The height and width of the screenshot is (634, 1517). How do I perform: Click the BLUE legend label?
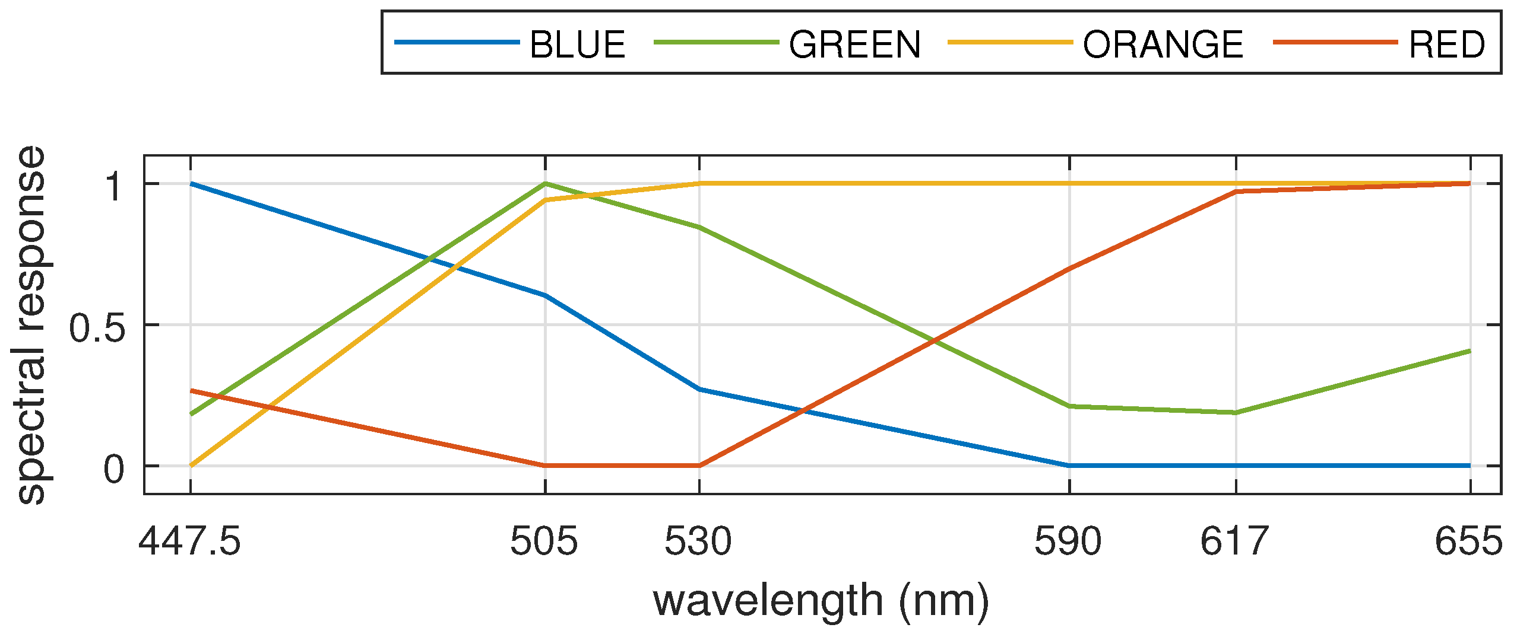577,44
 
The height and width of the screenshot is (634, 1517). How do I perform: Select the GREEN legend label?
854,44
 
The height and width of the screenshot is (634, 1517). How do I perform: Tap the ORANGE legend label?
1163,44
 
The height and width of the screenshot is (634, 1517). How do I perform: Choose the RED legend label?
1446,44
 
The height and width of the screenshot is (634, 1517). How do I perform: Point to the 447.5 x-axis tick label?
189,541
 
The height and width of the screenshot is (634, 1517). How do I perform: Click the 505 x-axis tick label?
544,541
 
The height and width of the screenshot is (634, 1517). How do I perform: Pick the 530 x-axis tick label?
698,541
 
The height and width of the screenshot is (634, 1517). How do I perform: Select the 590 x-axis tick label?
1068,541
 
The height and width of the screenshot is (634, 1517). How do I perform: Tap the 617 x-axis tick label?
1234,541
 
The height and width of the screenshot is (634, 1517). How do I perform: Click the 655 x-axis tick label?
1468,541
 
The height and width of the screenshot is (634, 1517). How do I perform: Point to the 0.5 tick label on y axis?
97,328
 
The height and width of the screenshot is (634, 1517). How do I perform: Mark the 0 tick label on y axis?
114,469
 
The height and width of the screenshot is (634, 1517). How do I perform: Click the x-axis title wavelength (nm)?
821,601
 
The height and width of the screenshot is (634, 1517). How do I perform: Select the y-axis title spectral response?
31,325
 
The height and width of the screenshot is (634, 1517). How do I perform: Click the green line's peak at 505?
545,183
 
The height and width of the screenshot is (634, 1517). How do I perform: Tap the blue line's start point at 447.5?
191,184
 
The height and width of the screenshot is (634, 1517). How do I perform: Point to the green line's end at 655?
1470,351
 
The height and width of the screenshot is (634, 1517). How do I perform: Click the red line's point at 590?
1069,268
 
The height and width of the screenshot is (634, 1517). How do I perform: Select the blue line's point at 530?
699,389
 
